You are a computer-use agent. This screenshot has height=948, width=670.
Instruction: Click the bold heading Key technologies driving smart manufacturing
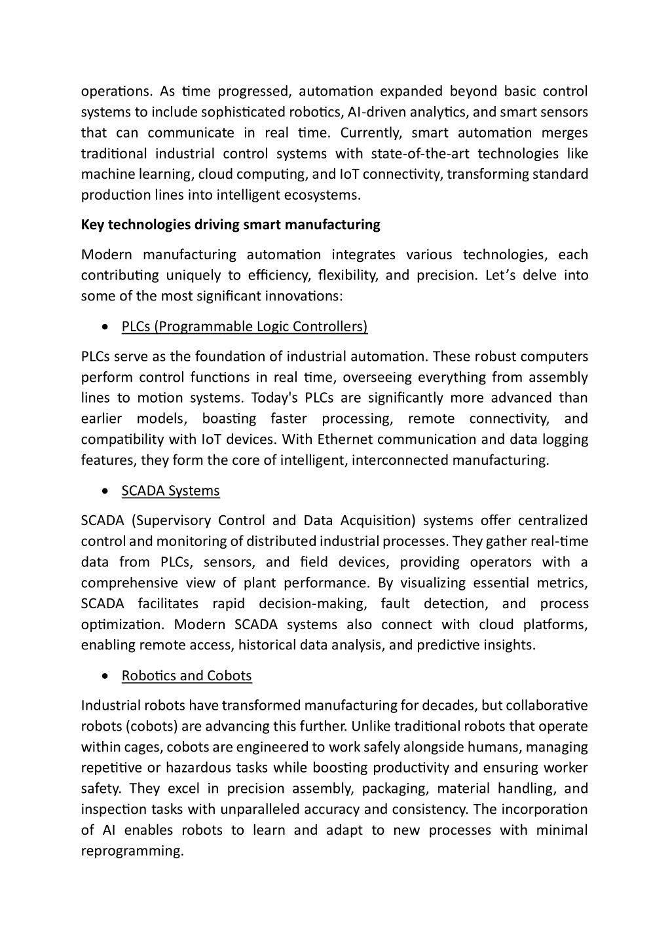(231, 225)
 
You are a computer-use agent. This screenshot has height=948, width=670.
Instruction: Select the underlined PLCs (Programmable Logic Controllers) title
(244, 327)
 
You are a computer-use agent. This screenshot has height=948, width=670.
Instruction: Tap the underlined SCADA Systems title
(170, 491)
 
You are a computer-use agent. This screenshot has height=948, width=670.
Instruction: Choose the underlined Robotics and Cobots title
(187, 676)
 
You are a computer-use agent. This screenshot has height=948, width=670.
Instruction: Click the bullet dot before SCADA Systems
(106, 492)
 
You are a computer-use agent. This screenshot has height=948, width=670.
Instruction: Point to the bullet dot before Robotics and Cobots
(106, 676)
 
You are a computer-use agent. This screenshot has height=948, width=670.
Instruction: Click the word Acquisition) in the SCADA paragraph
(378, 521)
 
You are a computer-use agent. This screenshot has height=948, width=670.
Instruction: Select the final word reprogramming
(132, 851)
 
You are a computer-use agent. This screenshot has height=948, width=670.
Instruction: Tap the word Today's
(275, 398)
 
